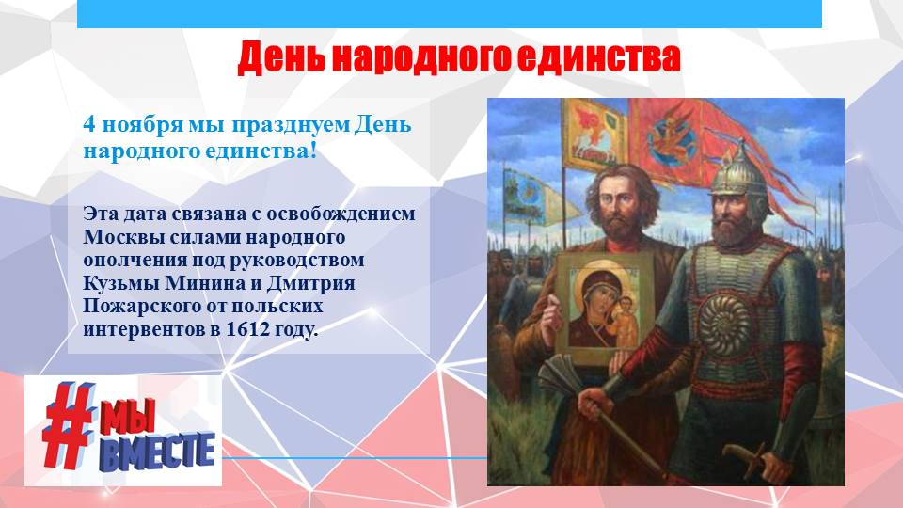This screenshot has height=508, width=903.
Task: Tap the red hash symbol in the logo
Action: click(68, 424)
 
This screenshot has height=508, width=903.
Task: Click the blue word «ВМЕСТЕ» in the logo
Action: click(157, 451)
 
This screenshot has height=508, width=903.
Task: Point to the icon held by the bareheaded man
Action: click(605, 309)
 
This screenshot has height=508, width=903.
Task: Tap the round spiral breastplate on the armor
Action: click(724, 325)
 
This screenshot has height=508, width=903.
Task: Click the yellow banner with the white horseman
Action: click(594, 135)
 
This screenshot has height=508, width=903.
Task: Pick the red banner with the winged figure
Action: click(668, 140)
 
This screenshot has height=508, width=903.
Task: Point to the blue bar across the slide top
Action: click(450, 14)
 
